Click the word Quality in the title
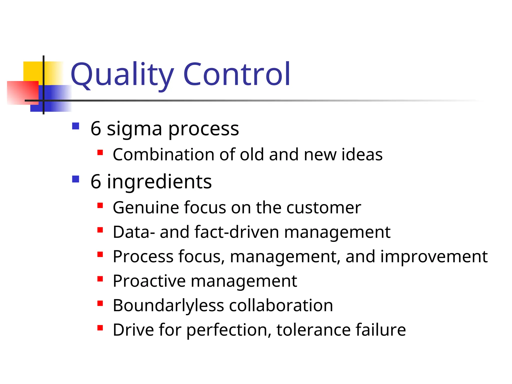pos(122,74)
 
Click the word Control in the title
pos(236,74)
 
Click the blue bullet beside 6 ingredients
pos(75,179)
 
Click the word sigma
pos(134,129)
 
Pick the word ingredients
pos(159,182)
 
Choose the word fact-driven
pos(236,232)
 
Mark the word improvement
pos(434,257)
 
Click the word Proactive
pos(149,281)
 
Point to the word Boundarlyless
pos(168,306)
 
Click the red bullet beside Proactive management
pos(100,279)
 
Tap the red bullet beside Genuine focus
pos(100,205)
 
